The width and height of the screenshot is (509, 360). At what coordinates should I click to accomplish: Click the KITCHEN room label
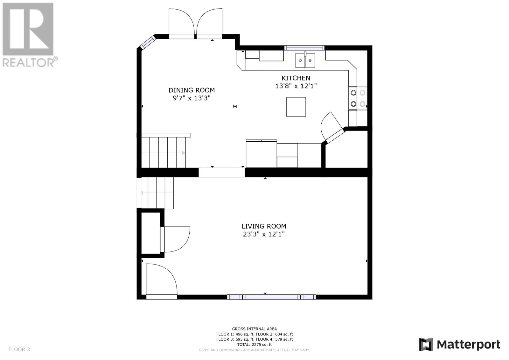(x=296, y=78)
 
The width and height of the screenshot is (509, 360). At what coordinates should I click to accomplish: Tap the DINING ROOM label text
(x=192, y=90)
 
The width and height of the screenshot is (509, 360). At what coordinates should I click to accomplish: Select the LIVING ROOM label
(x=264, y=226)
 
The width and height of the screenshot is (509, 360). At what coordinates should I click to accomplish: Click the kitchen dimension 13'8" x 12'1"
(x=296, y=86)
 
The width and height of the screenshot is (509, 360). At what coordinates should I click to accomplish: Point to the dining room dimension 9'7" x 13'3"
(x=192, y=98)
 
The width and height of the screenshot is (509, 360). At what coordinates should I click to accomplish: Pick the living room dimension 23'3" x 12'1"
(x=264, y=234)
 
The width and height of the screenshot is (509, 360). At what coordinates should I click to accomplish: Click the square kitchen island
(x=296, y=107)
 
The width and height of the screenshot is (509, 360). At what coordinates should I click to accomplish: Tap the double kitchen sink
(x=305, y=60)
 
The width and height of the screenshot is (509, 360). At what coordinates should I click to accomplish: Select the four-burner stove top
(x=358, y=98)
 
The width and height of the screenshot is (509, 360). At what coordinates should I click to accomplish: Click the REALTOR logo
(x=29, y=35)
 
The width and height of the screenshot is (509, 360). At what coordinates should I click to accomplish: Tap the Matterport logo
(x=460, y=344)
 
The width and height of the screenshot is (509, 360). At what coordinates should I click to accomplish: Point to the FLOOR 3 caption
(x=19, y=349)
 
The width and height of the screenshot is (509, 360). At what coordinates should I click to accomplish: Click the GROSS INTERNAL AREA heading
(x=254, y=328)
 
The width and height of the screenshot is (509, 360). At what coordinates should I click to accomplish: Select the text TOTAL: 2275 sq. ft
(x=254, y=344)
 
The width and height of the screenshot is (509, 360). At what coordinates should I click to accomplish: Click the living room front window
(x=271, y=297)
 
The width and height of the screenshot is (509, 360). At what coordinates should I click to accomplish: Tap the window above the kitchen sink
(x=304, y=48)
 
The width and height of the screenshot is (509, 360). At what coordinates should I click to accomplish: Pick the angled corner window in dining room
(x=148, y=43)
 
